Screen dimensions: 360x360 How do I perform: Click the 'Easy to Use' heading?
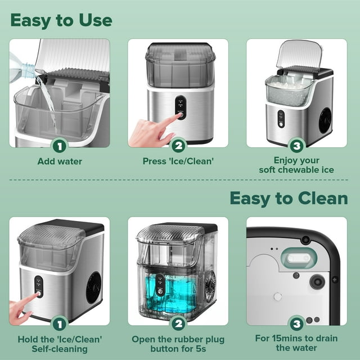click(61, 20)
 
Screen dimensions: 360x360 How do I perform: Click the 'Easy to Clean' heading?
click(289, 198)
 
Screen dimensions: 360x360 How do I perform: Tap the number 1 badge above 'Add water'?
click(60, 146)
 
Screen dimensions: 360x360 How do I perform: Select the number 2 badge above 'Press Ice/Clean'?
click(178, 146)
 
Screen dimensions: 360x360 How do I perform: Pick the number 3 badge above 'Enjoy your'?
click(296, 146)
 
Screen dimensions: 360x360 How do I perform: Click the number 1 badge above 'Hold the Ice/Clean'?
click(60, 324)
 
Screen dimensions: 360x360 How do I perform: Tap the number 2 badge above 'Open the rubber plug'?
click(178, 324)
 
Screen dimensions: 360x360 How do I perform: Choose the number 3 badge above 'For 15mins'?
click(296, 324)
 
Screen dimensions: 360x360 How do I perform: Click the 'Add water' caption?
click(60, 161)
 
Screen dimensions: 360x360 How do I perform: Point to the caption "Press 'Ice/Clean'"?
click(178, 161)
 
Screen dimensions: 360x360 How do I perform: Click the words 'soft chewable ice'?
click(296, 169)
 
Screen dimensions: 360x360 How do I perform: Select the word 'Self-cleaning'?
click(60, 349)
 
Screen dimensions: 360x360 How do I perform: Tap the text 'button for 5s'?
click(178, 349)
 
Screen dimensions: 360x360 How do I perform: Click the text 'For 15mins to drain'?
click(296, 339)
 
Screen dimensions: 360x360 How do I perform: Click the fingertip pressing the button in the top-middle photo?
click(178, 116)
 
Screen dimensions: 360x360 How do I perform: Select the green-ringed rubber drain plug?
click(296, 257)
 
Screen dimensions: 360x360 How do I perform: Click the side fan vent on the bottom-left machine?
click(93, 285)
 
